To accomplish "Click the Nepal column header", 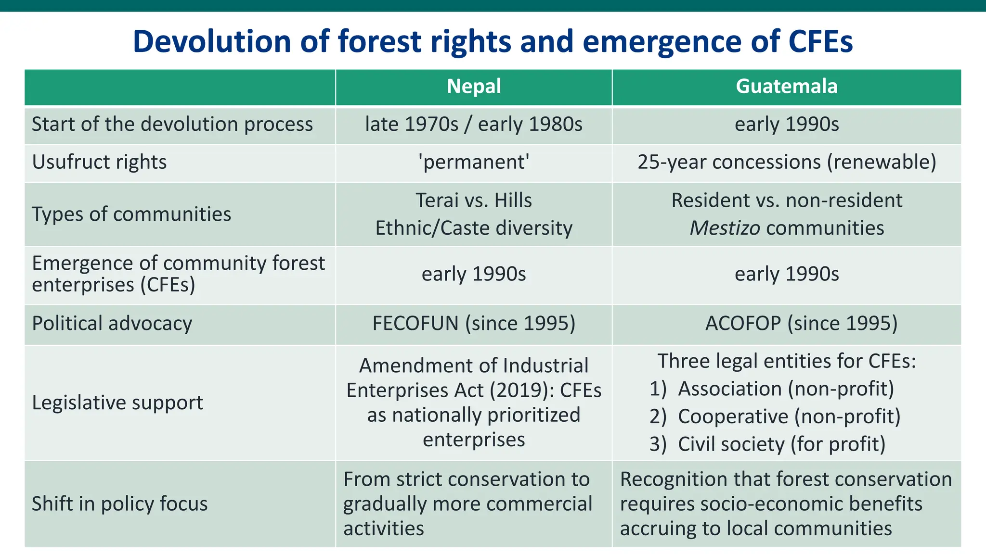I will [474, 87].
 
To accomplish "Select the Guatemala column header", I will [786, 87].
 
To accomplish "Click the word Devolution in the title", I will [212, 41].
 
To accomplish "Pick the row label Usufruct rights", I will [99, 162].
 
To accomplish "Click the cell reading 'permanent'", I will [474, 162].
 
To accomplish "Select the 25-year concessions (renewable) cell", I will [787, 162].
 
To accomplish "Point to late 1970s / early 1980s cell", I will [474, 125].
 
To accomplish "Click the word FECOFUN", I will [415, 324].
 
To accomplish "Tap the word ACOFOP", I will [743, 324].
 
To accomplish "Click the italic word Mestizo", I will [725, 228].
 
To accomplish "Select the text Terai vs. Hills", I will [474, 201].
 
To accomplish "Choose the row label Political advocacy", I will [112, 324].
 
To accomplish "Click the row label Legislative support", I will [117, 403].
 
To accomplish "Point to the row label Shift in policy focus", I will [119, 504].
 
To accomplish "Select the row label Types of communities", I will [131, 214].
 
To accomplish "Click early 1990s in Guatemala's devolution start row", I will [787, 125].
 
